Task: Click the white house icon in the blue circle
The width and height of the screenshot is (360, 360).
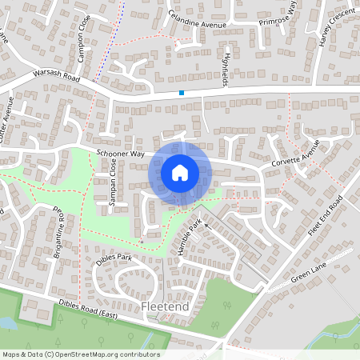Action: pyautogui.click(x=180, y=172)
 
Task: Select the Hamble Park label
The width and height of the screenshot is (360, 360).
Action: pyautogui.click(x=187, y=236)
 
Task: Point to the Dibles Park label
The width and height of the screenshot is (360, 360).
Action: pyautogui.click(x=113, y=258)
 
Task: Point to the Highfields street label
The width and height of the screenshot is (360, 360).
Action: pyautogui.click(x=229, y=69)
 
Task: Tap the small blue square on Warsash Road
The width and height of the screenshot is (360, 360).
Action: pyautogui.click(x=182, y=94)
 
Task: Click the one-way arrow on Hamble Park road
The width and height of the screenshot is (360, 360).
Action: pyautogui.click(x=206, y=226)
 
